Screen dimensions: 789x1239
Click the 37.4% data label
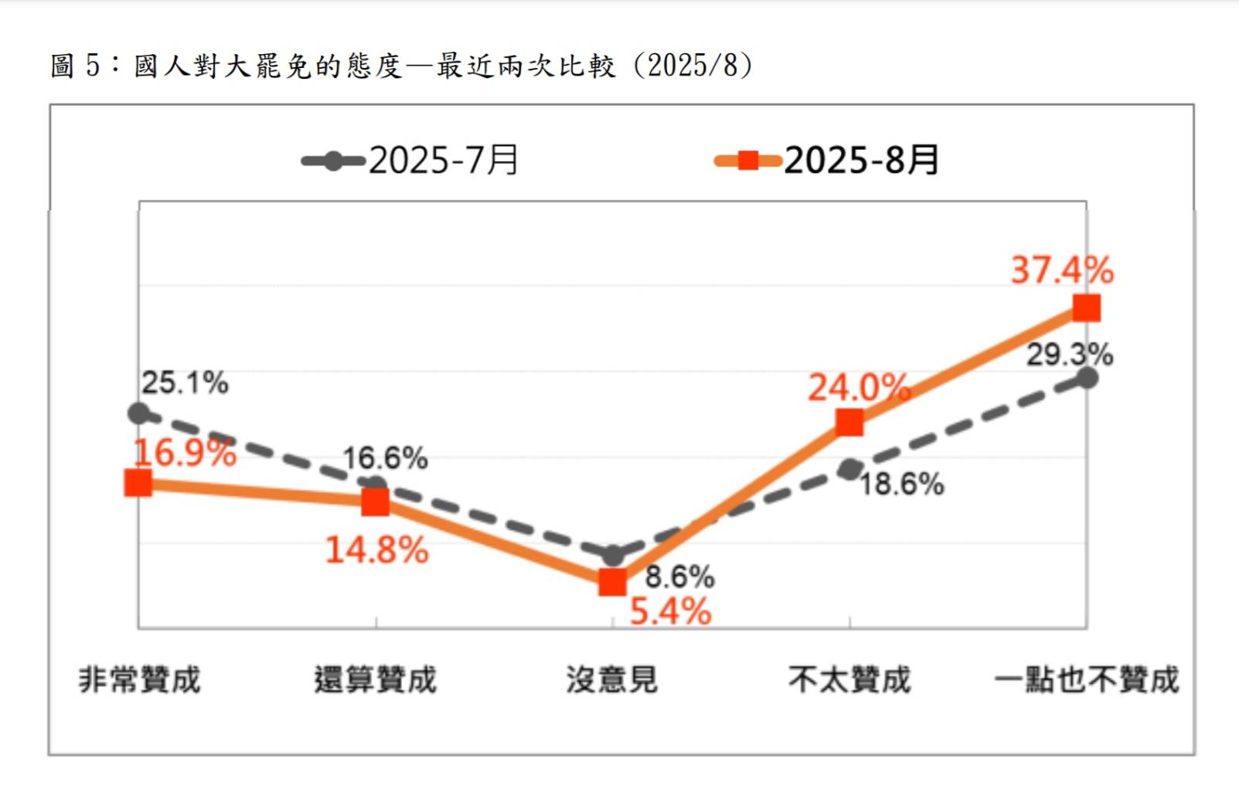click(x=1062, y=270)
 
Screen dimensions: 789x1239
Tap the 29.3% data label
click(x=1069, y=355)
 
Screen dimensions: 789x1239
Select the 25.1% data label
click(x=185, y=383)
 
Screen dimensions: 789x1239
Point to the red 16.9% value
click(x=185, y=453)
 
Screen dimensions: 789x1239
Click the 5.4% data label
click(x=670, y=612)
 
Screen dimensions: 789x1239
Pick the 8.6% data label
click(x=679, y=576)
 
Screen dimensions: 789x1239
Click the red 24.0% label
click(x=858, y=387)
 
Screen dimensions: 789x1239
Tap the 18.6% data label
click(x=901, y=485)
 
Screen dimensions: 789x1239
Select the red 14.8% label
click(x=376, y=550)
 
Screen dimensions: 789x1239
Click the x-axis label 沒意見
click(x=611, y=680)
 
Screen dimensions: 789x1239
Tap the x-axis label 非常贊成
click(x=139, y=680)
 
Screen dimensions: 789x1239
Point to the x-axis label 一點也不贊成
click(x=1086, y=680)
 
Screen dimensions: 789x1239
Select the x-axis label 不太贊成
click(x=849, y=680)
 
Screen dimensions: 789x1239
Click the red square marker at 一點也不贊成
click(x=1086, y=308)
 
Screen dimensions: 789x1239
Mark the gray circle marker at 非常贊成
click(x=138, y=413)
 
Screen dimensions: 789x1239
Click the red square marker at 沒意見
click(x=612, y=582)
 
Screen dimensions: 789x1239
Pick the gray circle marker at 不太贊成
click(x=849, y=469)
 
